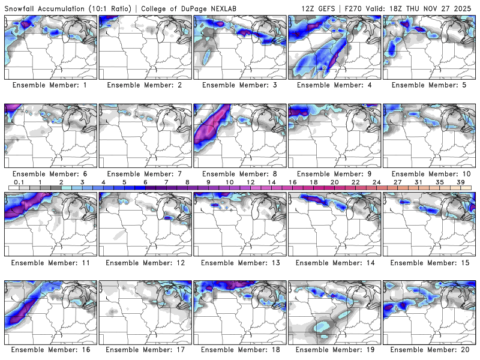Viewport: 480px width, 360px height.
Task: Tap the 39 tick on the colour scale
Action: pyautogui.click(x=460, y=182)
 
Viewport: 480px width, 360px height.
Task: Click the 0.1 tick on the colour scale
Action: pyautogui.click(x=19, y=182)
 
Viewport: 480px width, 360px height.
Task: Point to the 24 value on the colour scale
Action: pyautogui.click(x=376, y=182)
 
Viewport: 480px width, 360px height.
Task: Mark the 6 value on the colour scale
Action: pyautogui.click(x=145, y=182)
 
